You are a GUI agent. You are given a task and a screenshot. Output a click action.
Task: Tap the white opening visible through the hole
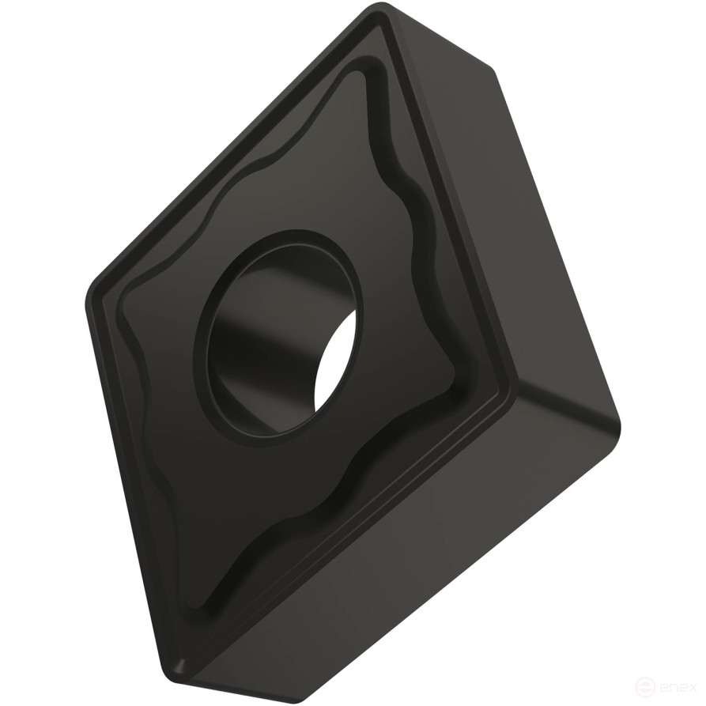(335, 363)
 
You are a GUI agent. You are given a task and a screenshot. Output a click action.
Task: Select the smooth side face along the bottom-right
(411, 553)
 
